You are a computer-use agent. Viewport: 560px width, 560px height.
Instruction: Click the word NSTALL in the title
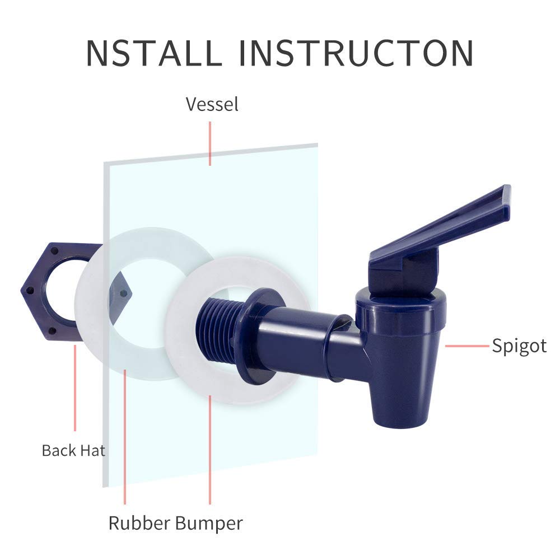click(x=155, y=53)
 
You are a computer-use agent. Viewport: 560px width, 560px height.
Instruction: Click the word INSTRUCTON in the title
click(x=356, y=53)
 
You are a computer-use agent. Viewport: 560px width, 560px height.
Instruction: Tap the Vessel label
click(x=212, y=104)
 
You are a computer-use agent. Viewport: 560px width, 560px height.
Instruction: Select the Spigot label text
click(x=519, y=346)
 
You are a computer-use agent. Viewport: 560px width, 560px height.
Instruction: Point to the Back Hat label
click(x=73, y=450)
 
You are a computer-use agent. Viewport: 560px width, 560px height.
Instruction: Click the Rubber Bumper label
click(x=176, y=523)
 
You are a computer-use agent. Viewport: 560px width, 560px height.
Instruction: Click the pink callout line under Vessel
click(x=210, y=143)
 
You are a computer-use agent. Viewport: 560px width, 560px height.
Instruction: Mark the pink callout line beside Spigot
click(x=467, y=346)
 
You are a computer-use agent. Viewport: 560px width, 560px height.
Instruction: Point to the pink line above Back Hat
click(x=75, y=388)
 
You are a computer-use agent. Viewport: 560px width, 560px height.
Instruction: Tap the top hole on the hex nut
click(x=54, y=251)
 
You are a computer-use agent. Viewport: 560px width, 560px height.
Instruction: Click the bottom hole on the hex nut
click(x=52, y=331)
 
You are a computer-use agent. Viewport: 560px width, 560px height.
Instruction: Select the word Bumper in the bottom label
click(x=209, y=524)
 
